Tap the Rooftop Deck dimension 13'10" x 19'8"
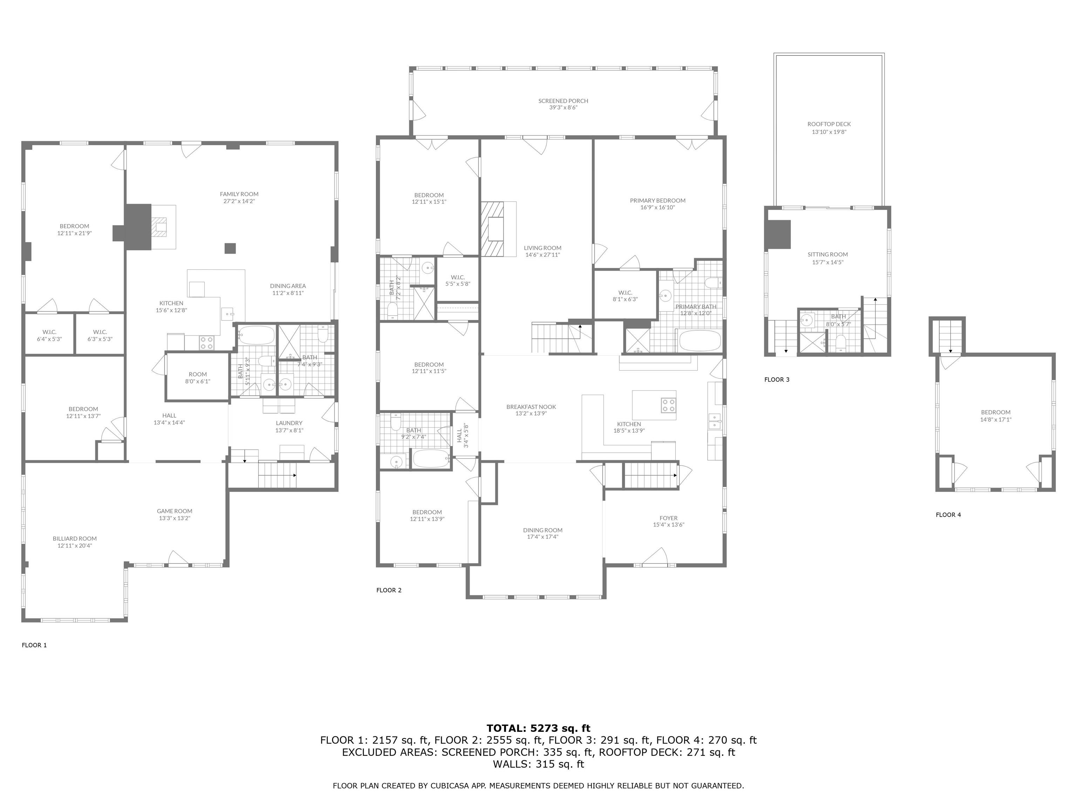829,132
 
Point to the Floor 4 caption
948,515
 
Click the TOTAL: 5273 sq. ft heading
538,728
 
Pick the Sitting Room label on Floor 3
827,254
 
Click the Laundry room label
289,423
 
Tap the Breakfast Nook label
531,407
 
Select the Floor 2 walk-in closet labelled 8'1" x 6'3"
625,296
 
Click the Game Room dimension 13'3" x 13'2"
174,518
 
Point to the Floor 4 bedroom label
995,412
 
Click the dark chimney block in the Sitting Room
777,234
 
